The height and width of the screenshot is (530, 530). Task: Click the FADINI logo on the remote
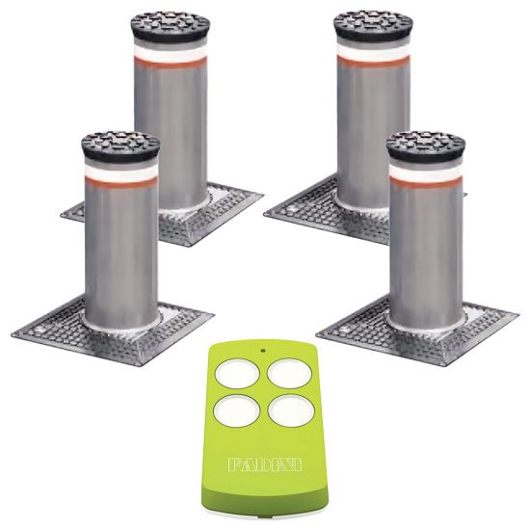265,464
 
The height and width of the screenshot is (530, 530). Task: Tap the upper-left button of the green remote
237,374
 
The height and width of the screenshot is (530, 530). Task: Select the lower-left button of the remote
237,411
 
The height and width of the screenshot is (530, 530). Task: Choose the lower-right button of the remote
291,411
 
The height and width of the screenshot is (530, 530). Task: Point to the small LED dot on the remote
263,350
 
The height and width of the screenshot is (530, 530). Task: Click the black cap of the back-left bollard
171,26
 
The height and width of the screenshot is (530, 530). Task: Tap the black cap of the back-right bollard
373,26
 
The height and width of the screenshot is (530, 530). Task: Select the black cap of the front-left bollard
120,147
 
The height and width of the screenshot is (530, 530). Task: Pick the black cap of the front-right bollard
426,147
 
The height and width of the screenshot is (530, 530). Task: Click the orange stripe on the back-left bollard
171,63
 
